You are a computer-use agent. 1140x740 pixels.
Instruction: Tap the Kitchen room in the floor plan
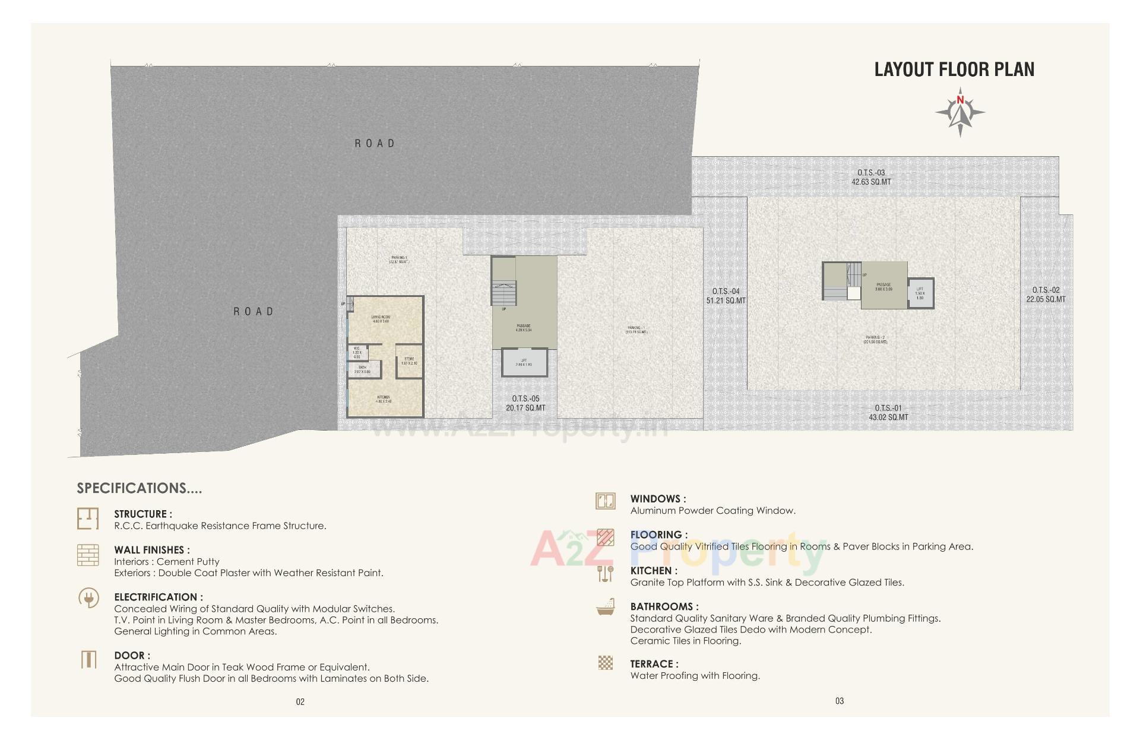coord(384,399)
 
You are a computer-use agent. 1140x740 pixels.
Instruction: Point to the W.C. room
coord(357,353)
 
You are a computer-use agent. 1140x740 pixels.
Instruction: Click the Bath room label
coord(362,369)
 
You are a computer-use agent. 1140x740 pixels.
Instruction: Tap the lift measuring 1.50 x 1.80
coord(920,293)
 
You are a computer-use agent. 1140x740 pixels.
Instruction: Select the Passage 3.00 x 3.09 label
coord(883,287)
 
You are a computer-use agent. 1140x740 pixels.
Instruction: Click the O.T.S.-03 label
coord(871,173)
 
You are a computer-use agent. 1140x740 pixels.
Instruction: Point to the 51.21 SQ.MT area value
coord(726,301)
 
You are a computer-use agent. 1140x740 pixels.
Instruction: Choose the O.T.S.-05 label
coord(525,399)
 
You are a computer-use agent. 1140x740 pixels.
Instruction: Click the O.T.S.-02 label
coord(1046,290)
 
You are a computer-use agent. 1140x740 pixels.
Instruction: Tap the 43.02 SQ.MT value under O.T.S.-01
coord(888,418)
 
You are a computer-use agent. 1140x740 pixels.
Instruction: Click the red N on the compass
coord(960,100)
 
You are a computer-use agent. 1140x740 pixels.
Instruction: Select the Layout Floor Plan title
coord(954,69)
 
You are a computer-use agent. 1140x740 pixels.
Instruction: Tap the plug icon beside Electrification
coord(88,597)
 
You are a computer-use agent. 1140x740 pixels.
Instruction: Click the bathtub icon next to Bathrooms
coord(605,609)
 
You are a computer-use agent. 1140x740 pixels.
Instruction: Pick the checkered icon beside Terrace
coord(605,663)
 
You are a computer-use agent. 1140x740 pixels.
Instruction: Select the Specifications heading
coord(139,488)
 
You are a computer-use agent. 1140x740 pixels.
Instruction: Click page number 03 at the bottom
coord(839,701)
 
